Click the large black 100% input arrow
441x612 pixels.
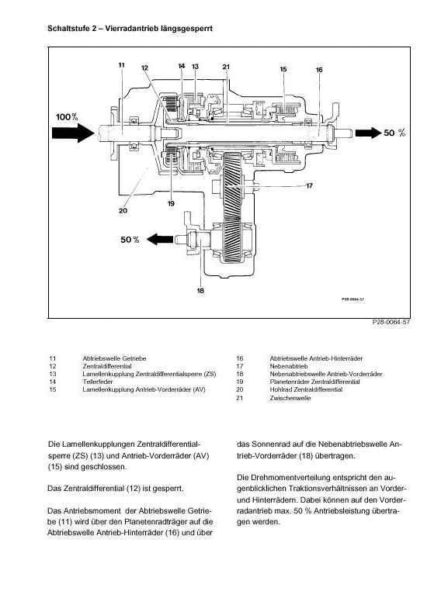[x=74, y=133]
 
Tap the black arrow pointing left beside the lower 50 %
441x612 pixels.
[x=160, y=239]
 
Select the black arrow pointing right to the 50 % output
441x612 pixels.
[x=368, y=133]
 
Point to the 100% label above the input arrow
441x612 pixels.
[x=67, y=116]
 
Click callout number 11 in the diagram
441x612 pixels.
[x=121, y=65]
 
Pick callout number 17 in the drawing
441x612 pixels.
[x=309, y=186]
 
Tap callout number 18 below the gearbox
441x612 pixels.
[x=200, y=290]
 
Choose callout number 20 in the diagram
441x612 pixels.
[x=123, y=211]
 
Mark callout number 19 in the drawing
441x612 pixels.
[x=171, y=203]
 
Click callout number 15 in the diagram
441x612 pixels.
[x=283, y=69]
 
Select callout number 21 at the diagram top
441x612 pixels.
[x=226, y=67]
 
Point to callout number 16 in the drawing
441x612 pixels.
[x=319, y=70]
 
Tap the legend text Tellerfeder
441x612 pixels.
[x=98, y=382]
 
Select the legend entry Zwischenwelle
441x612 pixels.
[x=290, y=398]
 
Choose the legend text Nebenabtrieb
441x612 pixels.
[x=289, y=366]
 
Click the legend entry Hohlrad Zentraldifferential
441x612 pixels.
[x=306, y=389]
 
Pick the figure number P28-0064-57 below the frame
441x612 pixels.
[x=391, y=322]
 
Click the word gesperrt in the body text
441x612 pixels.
[x=167, y=488]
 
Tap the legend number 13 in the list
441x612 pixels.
[x=53, y=374]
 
